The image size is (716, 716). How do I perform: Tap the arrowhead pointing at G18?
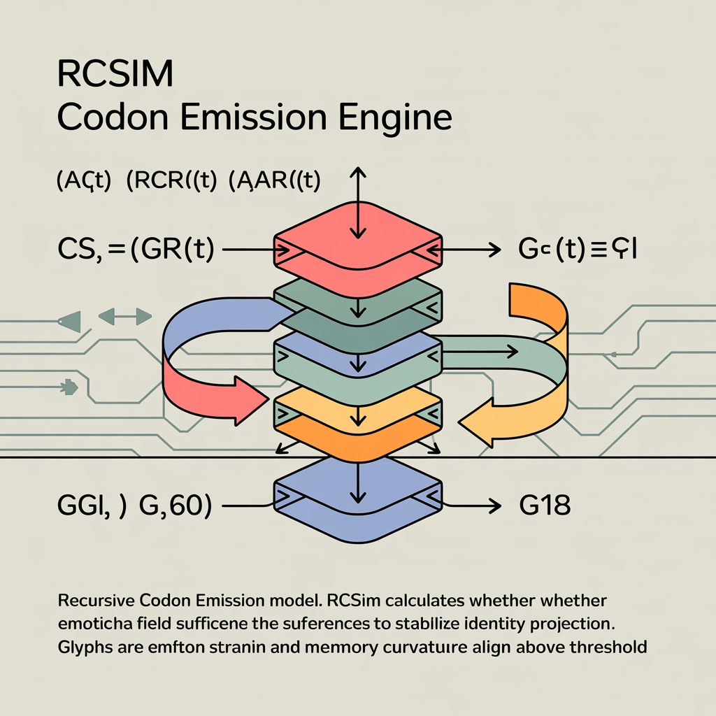(494, 505)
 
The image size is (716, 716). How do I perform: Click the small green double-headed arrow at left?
(126, 317)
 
